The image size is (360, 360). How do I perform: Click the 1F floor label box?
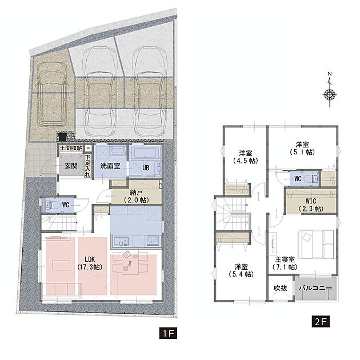pos(168,333)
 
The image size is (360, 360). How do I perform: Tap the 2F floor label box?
pos(321,321)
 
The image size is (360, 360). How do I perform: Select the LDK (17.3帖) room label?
pos(90,263)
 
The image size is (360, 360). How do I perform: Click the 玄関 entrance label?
pos(71,166)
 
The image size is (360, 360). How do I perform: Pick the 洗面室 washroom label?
pos(110,166)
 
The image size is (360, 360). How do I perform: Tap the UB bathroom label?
pos(146,168)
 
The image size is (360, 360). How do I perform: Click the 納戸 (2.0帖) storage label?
pos(136,196)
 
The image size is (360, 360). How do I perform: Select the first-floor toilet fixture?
pos(49,205)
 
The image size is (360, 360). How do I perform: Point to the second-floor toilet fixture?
pos(315,178)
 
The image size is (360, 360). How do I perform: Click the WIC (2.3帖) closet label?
pos(311,205)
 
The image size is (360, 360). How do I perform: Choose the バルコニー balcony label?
pos(315,288)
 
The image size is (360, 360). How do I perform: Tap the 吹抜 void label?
pos(281,288)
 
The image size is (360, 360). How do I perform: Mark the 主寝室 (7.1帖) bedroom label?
pos(285,263)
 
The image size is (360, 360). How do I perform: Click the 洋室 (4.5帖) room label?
pos(246,157)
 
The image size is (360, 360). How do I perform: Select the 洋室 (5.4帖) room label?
pos(241,270)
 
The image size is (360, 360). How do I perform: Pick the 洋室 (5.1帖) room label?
pos(302,148)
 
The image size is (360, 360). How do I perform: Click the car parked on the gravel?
pos(51,94)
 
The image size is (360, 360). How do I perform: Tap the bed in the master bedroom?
pos(316,245)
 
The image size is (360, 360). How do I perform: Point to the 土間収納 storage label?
pos(71,148)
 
